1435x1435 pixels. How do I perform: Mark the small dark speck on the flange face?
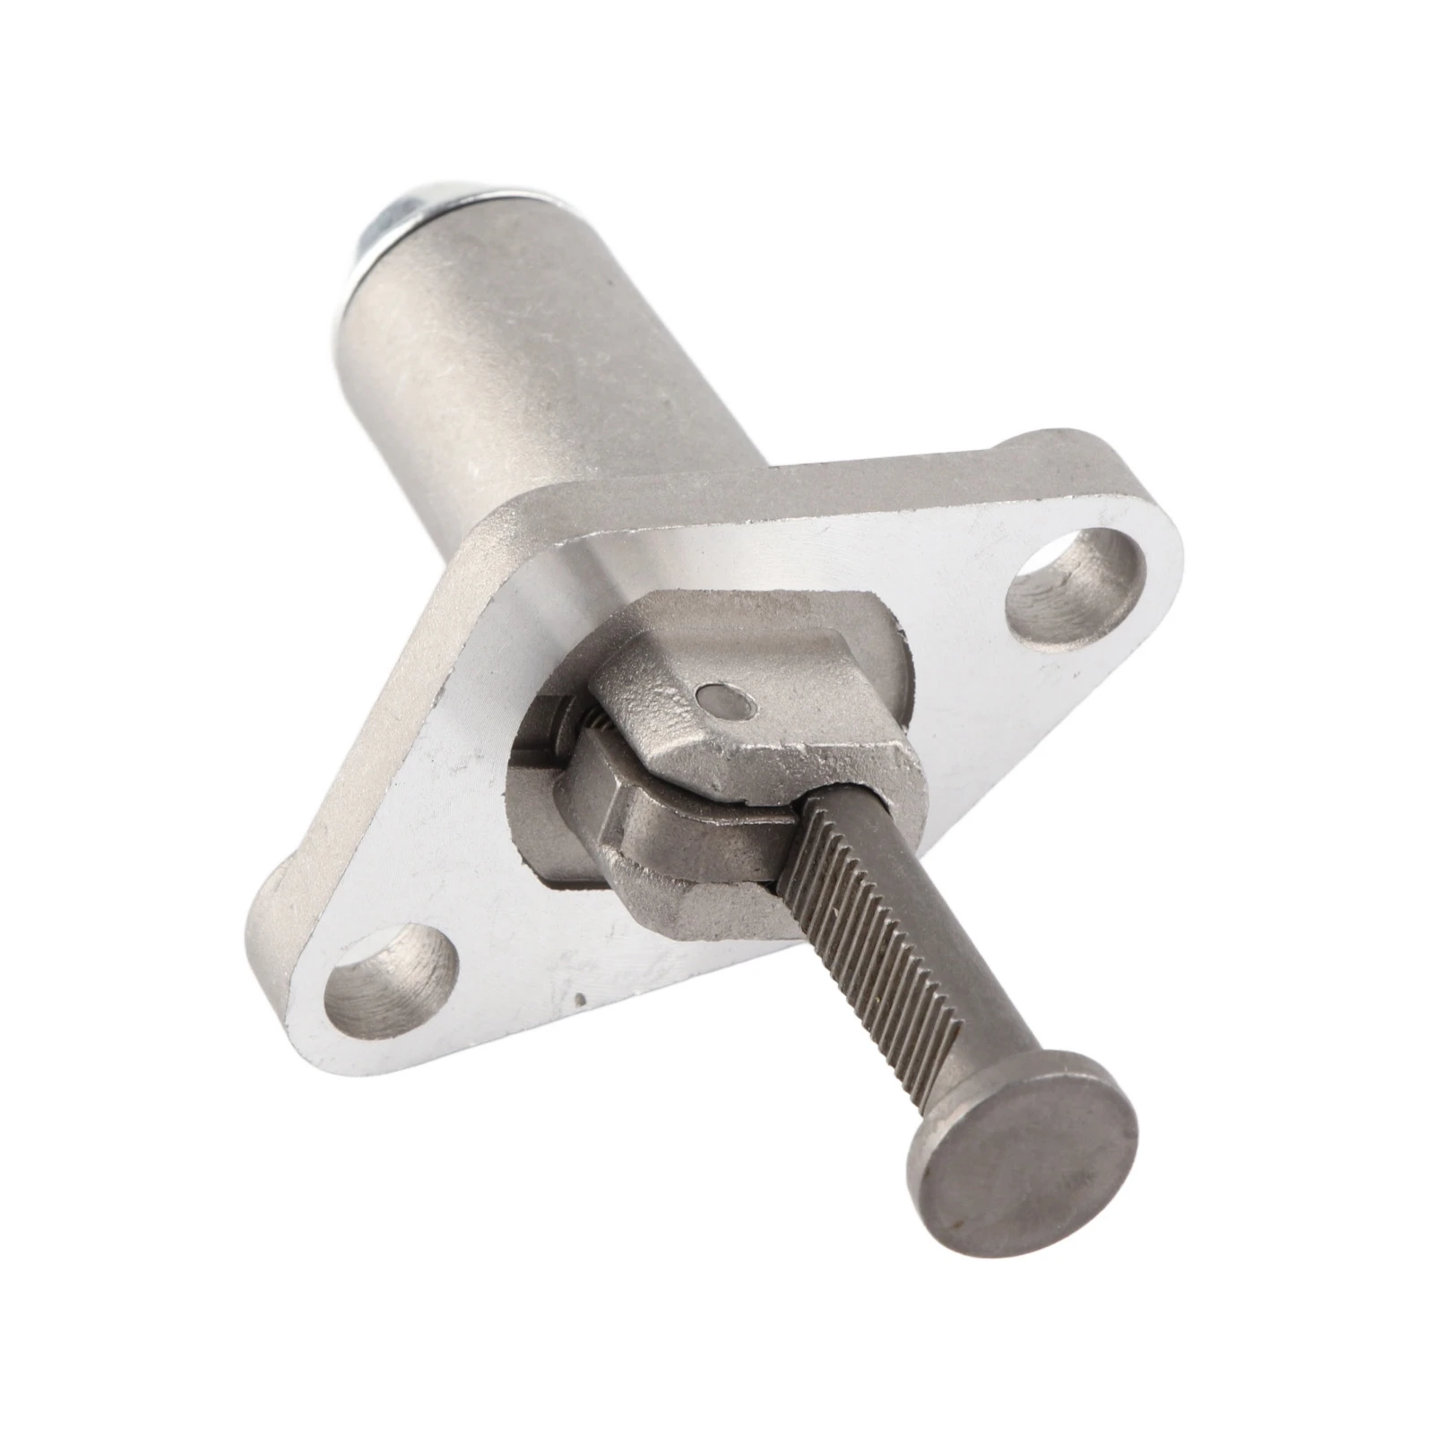point(584,998)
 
